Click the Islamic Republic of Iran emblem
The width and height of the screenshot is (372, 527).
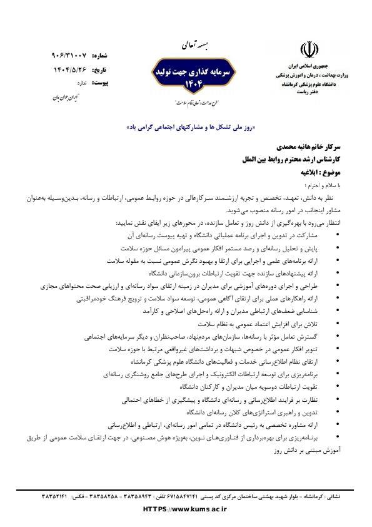click(308, 50)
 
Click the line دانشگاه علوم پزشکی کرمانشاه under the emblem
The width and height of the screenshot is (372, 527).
click(308, 83)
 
